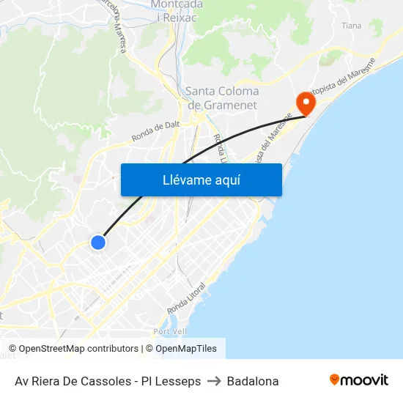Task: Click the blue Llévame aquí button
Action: [201, 180]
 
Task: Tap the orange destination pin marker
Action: [304, 103]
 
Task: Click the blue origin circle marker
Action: [97, 242]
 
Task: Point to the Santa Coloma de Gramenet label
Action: [222, 98]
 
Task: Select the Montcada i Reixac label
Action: [177, 10]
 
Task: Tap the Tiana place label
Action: [352, 25]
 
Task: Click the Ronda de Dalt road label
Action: [155, 131]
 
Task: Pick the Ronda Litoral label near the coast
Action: [186, 297]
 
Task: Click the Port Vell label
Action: [171, 332]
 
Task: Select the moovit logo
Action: [358, 380]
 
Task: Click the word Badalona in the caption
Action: [253, 381]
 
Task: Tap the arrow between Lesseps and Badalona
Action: [214, 381]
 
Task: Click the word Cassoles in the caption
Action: [110, 381]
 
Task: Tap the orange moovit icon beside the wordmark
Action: [335, 380]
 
